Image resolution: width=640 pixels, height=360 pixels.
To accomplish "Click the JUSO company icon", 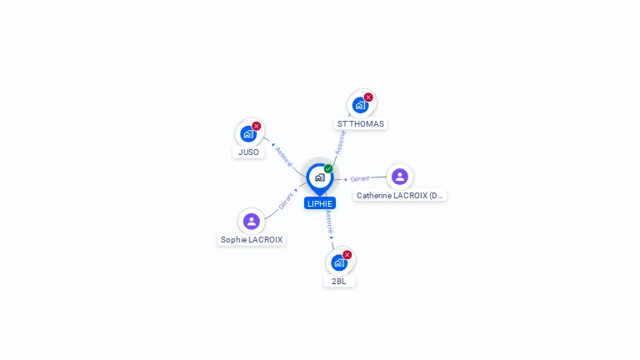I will pyautogui.click(x=248, y=133).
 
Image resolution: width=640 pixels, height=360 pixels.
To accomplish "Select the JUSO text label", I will pyautogui.click(x=248, y=152).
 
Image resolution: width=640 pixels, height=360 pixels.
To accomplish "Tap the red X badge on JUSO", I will pyautogui.click(x=257, y=126).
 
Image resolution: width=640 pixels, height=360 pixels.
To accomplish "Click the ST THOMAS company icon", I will pyautogui.click(x=360, y=105).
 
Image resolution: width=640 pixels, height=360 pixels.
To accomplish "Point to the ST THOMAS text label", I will pyautogui.click(x=361, y=124).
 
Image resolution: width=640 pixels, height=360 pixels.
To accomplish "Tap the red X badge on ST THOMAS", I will pyautogui.click(x=368, y=97).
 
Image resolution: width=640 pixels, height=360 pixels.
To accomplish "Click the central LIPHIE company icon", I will pyautogui.click(x=319, y=177).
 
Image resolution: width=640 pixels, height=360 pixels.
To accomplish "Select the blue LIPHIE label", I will pyautogui.click(x=320, y=203).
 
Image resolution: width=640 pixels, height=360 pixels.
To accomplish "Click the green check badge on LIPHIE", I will pyautogui.click(x=328, y=168).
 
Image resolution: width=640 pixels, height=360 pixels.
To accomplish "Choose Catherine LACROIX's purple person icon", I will pyautogui.click(x=400, y=177).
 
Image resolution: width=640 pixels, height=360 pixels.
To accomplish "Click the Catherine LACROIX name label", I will pyautogui.click(x=400, y=196).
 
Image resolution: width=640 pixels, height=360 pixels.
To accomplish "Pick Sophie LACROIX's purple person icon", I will pyautogui.click(x=252, y=221).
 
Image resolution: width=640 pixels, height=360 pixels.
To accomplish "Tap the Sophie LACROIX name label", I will pyautogui.click(x=252, y=240).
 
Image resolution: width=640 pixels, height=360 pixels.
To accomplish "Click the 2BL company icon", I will pyautogui.click(x=339, y=262).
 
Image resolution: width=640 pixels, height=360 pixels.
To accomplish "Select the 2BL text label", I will pyautogui.click(x=339, y=282).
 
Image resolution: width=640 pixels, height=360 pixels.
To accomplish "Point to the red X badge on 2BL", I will pyautogui.click(x=347, y=254).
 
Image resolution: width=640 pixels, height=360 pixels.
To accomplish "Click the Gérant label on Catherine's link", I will pyautogui.click(x=360, y=178).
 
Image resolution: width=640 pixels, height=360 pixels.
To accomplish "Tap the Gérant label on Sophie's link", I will pyautogui.click(x=287, y=200).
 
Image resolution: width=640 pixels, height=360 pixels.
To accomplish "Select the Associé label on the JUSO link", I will pyautogui.click(x=284, y=157).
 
